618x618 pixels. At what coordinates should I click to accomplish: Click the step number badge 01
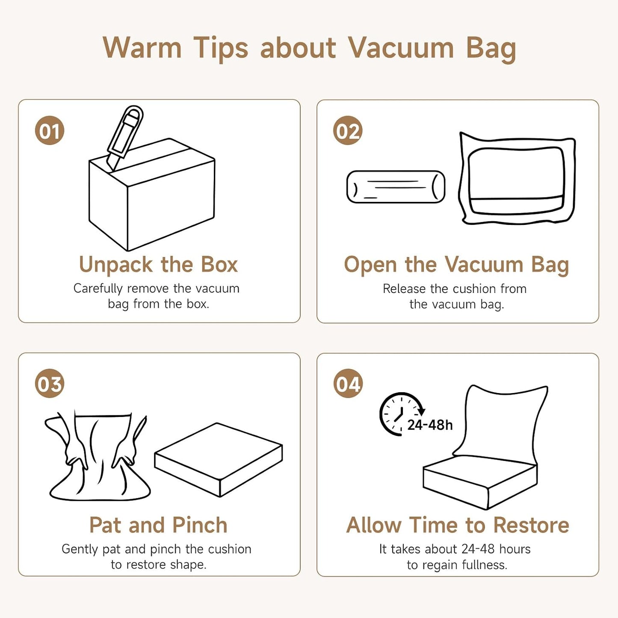49,130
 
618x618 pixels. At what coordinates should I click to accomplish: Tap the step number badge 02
348,130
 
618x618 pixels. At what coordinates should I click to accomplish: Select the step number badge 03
49,383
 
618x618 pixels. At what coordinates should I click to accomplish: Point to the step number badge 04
348,383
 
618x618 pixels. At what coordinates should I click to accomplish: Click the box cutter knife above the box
125,138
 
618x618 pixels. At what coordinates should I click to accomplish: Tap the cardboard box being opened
151,195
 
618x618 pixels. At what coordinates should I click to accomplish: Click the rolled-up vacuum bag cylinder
396,186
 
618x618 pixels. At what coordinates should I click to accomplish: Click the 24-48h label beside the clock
430,425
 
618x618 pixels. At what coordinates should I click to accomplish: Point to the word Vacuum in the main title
401,48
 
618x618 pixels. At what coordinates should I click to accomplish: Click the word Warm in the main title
142,48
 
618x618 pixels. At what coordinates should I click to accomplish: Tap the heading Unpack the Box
158,265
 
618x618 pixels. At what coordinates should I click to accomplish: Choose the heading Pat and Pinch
158,525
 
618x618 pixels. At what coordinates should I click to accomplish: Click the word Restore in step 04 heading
531,525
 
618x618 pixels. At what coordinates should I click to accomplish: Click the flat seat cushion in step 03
219,460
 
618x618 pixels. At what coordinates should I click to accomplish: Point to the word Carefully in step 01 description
98,289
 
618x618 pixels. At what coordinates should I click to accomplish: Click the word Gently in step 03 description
80,550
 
